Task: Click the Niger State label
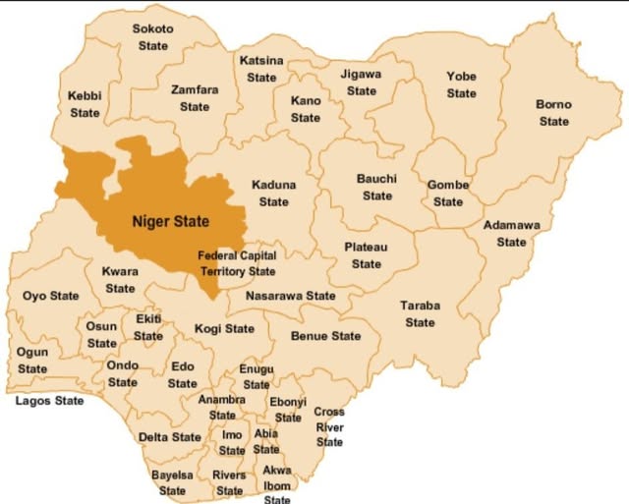[171, 221]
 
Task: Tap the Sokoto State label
[152, 37]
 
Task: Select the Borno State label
[553, 113]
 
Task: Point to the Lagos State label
[49, 401]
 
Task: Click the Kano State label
[306, 109]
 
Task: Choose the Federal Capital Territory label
[237, 263]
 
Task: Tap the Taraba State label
[420, 314]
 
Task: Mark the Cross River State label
[329, 427]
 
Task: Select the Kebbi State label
[85, 104]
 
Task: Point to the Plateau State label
[366, 255]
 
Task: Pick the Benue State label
[325, 336]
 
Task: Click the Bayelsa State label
[172, 482]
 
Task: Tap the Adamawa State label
[511, 234]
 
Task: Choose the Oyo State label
[50, 296]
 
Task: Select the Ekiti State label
[148, 328]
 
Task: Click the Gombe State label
[448, 194]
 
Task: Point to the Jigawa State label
[361, 83]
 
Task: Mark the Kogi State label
[224, 329]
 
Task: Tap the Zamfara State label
[195, 98]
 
